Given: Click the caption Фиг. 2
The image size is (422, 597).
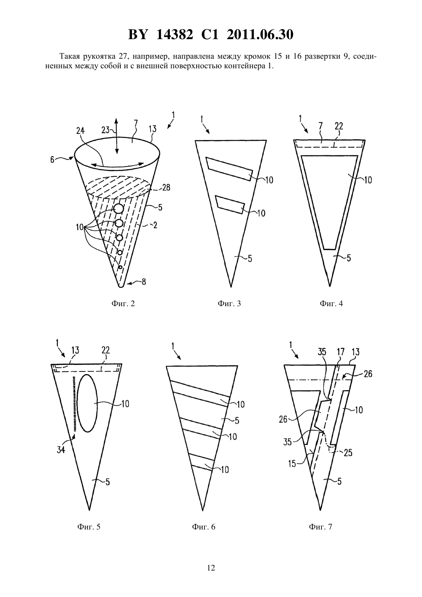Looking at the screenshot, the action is click(x=123, y=303).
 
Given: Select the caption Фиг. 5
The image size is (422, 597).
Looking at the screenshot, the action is click(x=89, y=527).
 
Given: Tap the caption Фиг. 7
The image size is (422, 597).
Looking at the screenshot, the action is click(x=320, y=527).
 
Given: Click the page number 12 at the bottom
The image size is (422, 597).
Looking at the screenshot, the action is click(x=211, y=568).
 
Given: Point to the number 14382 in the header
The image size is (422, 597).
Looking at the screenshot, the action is click(x=175, y=35).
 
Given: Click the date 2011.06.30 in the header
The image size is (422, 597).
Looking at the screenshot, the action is click(x=260, y=35).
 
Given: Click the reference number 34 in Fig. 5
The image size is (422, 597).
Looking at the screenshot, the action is click(x=61, y=450).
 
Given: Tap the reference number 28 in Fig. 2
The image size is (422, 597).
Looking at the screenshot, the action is click(x=166, y=188).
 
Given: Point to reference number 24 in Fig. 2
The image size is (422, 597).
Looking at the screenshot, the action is click(x=81, y=131).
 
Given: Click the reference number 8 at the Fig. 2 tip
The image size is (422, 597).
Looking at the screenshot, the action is click(x=143, y=282).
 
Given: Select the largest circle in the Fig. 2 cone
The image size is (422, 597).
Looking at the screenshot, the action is click(x=118, y=209).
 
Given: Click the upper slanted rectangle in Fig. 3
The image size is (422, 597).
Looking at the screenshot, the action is click(x=229, y=169).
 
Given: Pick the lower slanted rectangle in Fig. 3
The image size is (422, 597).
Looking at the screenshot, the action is click(x=230, y=204).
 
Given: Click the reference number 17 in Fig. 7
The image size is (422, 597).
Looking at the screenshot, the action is click(x=341, y=352).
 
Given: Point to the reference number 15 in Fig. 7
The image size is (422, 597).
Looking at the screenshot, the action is click(x=292, y=464).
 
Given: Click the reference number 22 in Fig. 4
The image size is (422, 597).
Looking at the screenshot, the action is click(x=339, y=126).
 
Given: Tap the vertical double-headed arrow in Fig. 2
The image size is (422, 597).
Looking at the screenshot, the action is click(x=116, y=136).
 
